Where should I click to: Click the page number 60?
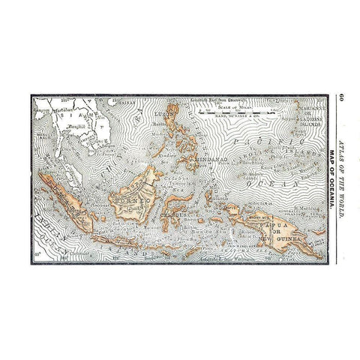(x=340, y=97)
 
